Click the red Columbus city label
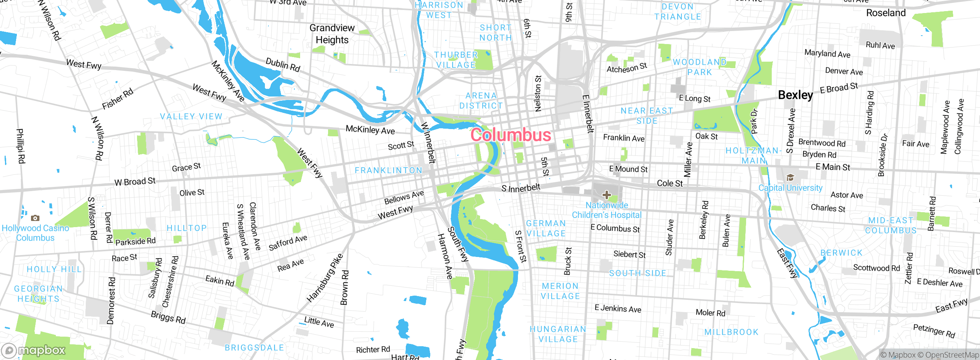tap(511, 135)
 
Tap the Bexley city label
tap(795, 95)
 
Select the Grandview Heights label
tap(332, 34)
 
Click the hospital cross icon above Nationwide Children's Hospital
tap(606, 195)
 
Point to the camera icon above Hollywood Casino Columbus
tap(35, 218)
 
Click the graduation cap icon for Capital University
tap(790, 178)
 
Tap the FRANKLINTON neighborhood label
tap(388, 170)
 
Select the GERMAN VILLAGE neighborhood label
tap(546, 228)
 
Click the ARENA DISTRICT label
tap(481, 101)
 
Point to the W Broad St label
tap(135, 181)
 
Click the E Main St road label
tap(833, 167)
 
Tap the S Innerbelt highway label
tap(521, 188)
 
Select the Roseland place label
tap(886, 13)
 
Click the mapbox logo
tap(34, 350)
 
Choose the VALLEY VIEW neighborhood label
tap(191, 116)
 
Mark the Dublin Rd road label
tap(283, 65)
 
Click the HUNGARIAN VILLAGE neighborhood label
tap(558, 334)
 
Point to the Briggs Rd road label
tap(168, 317)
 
